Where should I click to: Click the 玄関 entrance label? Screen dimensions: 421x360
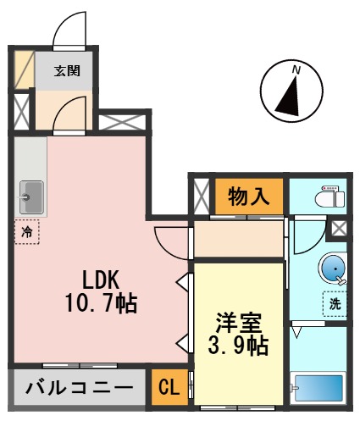click(68, 70)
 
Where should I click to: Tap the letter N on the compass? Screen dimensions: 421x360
click(296, 68)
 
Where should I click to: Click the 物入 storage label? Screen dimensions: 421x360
click(248, 197)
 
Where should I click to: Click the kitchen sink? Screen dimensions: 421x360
click(32, 197)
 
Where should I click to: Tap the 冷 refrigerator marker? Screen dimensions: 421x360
click(26, 230)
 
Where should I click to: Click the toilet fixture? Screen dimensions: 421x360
click(327, 197)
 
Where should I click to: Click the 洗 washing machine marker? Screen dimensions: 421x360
click(335, 302)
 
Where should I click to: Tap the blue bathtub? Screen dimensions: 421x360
click(318, 389)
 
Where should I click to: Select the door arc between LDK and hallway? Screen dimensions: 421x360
click(169, 241)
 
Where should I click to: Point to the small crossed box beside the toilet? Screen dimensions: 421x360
click(339, 228)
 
